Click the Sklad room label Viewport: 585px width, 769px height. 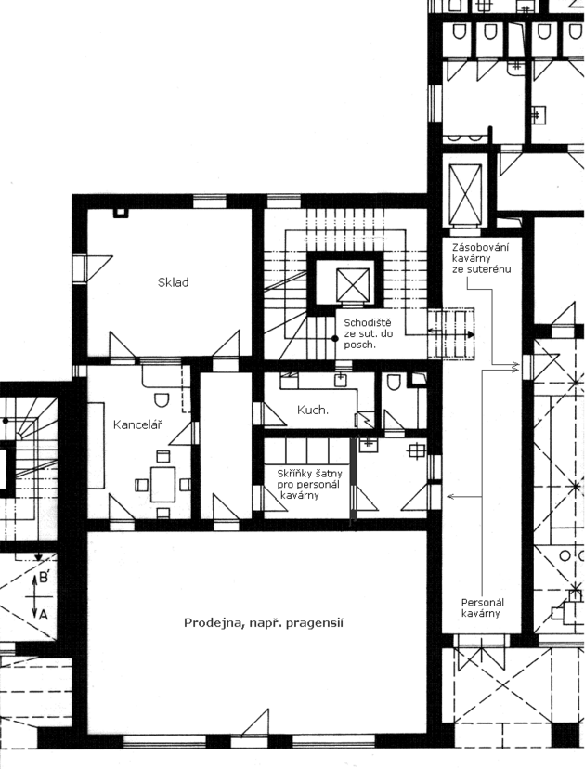[x=173, y=282]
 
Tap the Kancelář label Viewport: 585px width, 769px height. [x=137, y=424]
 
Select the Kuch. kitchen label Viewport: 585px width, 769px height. [x=313, y=410]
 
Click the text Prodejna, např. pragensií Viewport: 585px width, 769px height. [x=264, y=623]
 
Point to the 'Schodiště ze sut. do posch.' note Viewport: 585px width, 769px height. [x=369, y=333]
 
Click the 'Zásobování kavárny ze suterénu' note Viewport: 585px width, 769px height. [x=482, y=258]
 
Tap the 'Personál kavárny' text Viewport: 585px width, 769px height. [x=483, y=607]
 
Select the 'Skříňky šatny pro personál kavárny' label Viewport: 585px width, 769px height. [x=309, y=485]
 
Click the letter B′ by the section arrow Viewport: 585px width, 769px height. [x=45, y=579]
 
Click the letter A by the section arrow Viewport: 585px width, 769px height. [x=43, y=614]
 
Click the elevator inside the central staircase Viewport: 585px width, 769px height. [x=353, y=284]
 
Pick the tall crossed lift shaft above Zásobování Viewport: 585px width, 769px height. [x=465, y=194]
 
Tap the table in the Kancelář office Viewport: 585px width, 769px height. [x=162, y=484]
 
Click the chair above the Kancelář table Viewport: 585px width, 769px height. [x=163, y=457]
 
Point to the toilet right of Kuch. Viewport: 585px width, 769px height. [x=394, y=383]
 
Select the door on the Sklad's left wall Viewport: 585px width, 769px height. [x=93, y=267]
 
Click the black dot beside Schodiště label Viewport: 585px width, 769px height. [x=335, y=338]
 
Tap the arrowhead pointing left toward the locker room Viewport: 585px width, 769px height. [x=450, y=497]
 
